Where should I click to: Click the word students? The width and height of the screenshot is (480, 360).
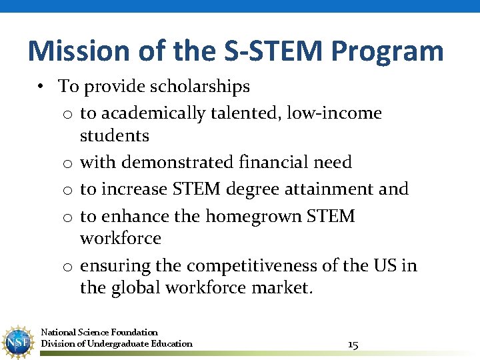[x=114, y=136]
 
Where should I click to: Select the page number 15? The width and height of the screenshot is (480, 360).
[x=353, y=344]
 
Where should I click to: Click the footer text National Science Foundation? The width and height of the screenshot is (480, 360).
[x=99, y=332]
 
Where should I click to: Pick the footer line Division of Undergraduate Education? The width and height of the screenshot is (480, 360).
[x=117, y=344]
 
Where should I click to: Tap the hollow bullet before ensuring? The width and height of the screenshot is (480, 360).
[x=67, y=267]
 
